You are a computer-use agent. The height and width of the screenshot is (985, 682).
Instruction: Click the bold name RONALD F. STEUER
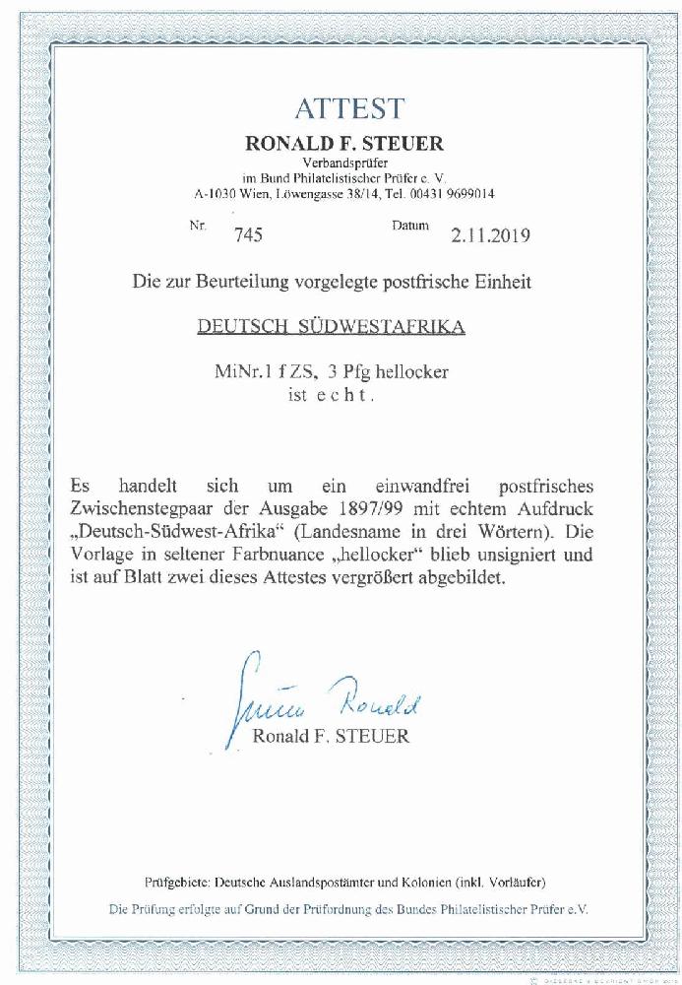coord(343,144)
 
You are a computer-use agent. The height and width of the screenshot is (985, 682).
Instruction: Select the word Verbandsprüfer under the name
coord(343,163)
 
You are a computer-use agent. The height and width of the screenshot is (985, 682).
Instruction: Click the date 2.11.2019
coord(490,235)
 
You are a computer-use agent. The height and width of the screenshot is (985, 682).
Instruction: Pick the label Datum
coord(410,226)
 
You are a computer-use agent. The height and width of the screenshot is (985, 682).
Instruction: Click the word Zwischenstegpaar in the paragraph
coord(140,509)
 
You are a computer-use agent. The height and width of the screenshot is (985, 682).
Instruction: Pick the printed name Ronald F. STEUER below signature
coord(331,736)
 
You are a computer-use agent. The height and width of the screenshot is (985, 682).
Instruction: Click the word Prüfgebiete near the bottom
coord(176,882)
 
